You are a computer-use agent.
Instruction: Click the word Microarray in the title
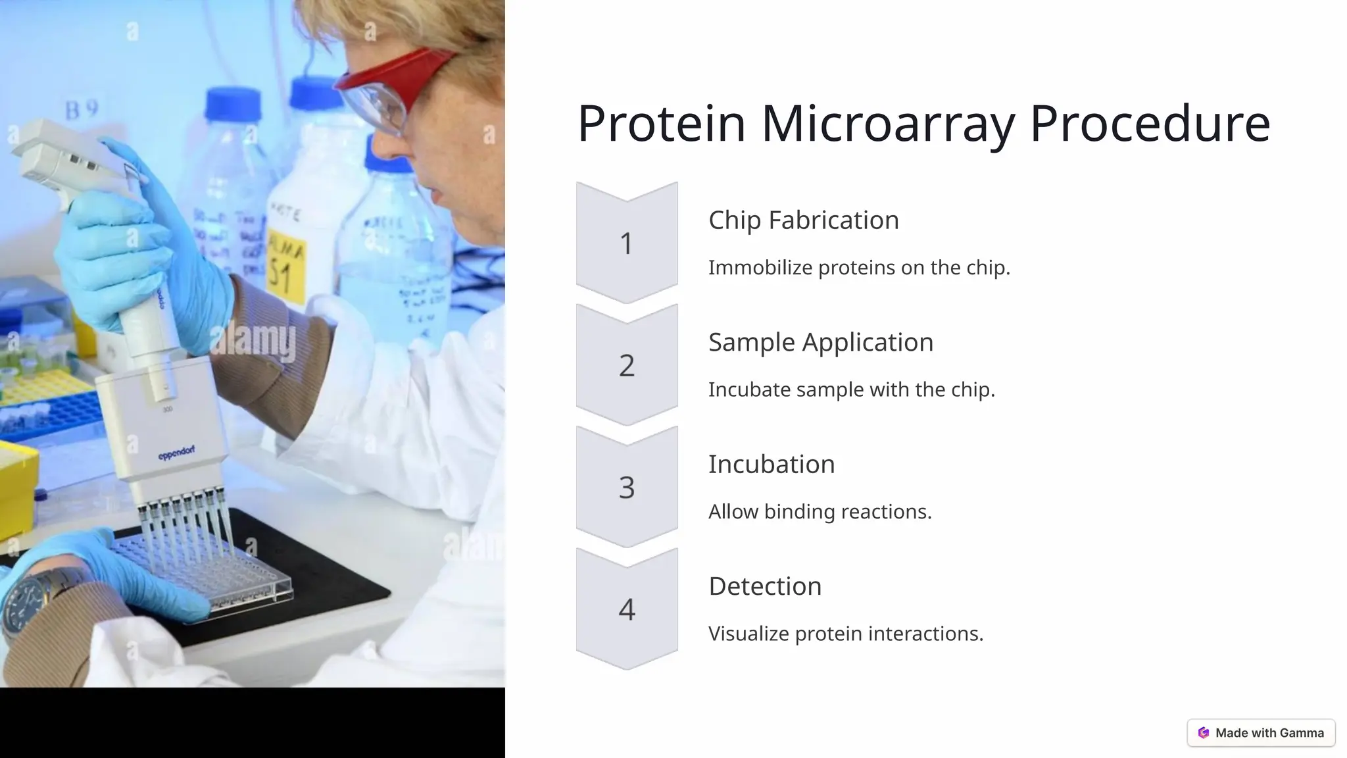click(888, 124)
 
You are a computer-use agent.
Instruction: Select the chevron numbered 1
click(627, 243)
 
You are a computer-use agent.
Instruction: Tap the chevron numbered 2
click(627, 365)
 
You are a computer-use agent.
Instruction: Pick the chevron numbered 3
click(627, 487)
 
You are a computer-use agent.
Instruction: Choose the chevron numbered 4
click(627, 609)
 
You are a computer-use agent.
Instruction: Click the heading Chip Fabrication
click(803, 220)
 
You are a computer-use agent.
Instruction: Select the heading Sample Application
click(820, 342)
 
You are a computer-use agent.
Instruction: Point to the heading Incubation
click(771, 464)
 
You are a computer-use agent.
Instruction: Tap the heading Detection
click(764, 586)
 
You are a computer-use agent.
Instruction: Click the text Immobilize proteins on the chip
click(858, 268)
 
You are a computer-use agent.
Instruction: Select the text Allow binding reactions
click(820, 511)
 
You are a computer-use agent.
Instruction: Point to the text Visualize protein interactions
click(845, 634)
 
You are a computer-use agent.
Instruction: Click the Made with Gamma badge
click(1261, 732)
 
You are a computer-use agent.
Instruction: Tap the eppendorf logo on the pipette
click(176, 453)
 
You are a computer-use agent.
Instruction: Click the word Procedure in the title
click(1149, 124)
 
